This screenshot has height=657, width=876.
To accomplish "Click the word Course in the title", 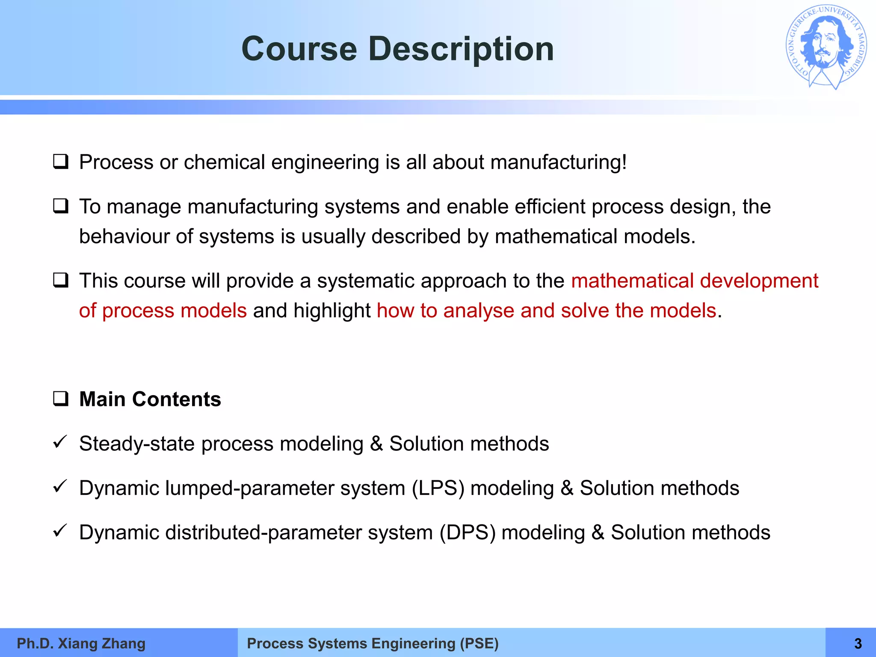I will click(x=299, y=49).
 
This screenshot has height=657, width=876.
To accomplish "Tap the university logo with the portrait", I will click(x=826, y=47).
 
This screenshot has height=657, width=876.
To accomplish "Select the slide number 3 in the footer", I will click(x=858, y=643).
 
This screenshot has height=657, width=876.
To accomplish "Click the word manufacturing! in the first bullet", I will click(x=559, y=163).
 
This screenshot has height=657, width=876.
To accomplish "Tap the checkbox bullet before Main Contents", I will click(x=61, y=399).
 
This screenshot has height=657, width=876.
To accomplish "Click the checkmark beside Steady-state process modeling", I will click(x=60, y=442).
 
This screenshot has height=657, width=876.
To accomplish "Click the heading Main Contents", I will click(x=150, y=399).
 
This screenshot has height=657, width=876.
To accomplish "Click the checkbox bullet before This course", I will click(x=61, y=281).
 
